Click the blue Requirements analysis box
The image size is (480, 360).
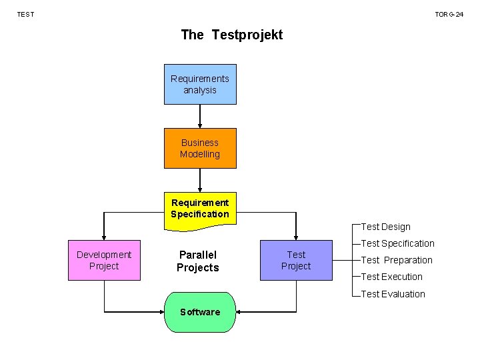click(x=200, y=84)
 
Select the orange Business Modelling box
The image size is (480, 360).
click(x=200, y=148)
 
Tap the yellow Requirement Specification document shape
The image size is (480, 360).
click(x=200, y=209)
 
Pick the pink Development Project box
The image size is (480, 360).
click(x=104, y=260)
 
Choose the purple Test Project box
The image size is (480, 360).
click(x=296, y=260)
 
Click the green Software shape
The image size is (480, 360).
click(x=200, y=312)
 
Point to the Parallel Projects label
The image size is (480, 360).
click(x=197, y=261)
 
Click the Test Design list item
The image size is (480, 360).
click(x=385, y=227)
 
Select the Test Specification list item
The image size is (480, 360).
click(x=397, y=243)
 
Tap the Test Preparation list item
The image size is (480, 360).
click(x=397, y=260)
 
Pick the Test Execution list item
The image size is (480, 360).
click(x=391, y=277)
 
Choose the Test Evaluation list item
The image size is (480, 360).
click(x=393, y=294)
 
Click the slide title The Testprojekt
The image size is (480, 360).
click(x=231, y=35)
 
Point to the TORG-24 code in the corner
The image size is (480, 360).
click(x=449, y=14)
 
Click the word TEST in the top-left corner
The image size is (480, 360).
click(x=25, y=14)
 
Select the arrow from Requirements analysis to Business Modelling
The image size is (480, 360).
click(x=200, y=116)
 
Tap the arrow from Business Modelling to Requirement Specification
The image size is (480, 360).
click(x=200, y=180)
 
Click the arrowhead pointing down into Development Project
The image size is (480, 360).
click(x=104, y=236)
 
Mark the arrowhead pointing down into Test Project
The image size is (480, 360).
click(x=296, y=236)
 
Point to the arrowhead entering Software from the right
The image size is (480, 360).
click(x=241, y=312)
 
